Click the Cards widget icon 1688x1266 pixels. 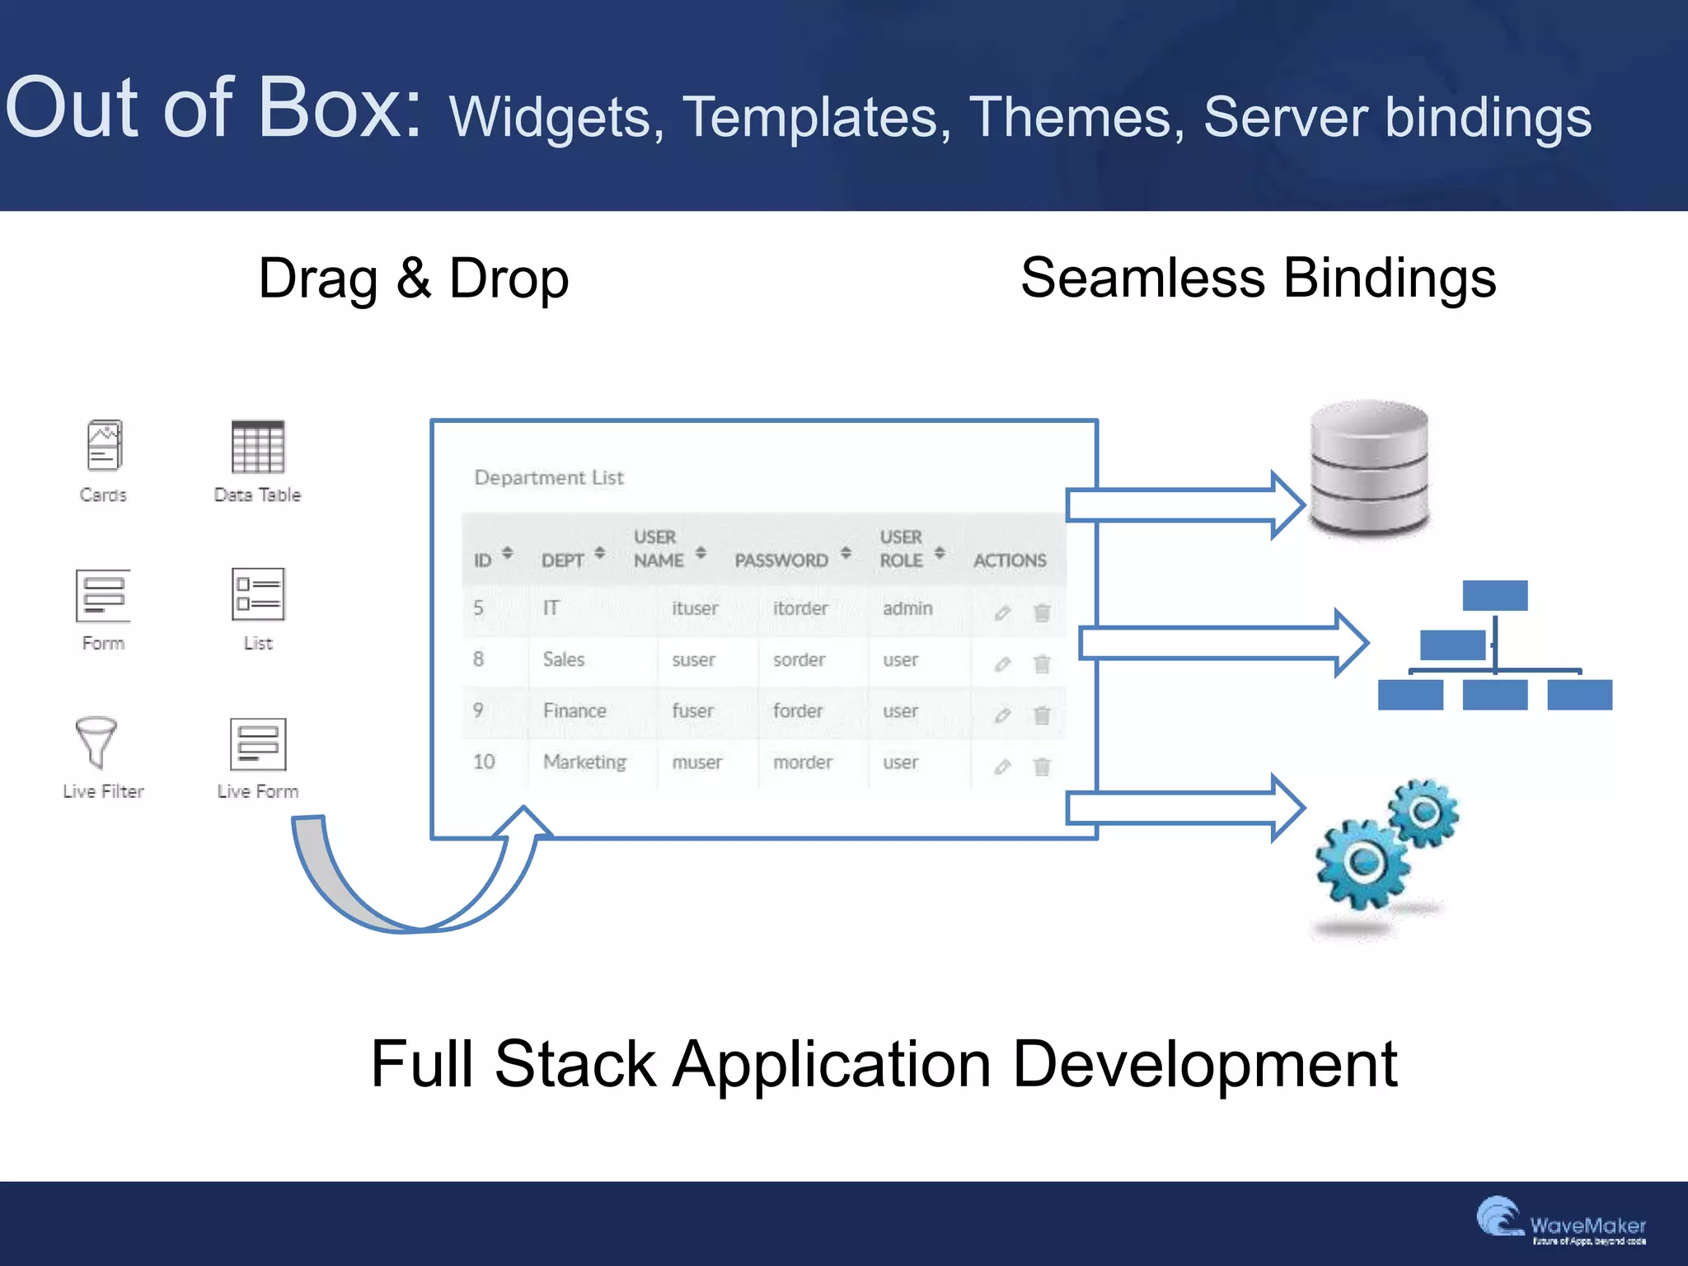[104, 445]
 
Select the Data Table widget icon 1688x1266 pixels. [257, 447]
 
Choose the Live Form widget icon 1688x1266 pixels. [258, 743]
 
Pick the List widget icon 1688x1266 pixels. [258, 594]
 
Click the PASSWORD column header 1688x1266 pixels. [781, 560]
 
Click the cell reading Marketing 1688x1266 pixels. [584, 762]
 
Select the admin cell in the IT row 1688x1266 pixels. [907, 608]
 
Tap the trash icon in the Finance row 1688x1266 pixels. [1042, 715]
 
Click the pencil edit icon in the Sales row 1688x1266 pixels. [1002, 664]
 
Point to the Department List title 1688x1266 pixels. [549, 478]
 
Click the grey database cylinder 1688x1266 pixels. [1370, 468]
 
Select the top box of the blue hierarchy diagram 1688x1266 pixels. [1494, 595]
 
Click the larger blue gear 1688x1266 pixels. [1363, 862]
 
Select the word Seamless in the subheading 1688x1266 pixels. [1142, 278]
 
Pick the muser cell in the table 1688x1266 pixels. [697, 762]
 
